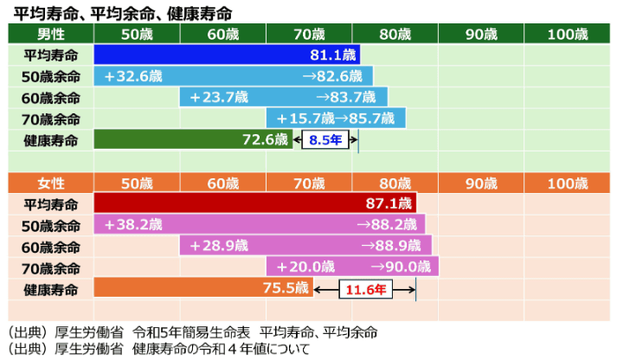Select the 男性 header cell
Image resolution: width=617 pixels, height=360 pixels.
(x=51, y=35)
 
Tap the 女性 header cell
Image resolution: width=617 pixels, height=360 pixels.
(x=51, y=183)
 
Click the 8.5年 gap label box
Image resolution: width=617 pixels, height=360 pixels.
(x=323, y=139)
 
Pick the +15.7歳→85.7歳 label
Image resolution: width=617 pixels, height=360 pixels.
(x=334, y=119)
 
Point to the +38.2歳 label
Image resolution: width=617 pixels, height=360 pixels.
(x=132, y=225)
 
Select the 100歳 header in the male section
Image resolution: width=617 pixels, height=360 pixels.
(x=567, y=35)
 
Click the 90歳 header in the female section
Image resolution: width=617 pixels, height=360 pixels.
(x=481, y=183)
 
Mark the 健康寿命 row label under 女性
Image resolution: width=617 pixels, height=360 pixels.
(x=51, y=289)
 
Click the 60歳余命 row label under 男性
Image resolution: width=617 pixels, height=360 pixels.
(x=51, y=97)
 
